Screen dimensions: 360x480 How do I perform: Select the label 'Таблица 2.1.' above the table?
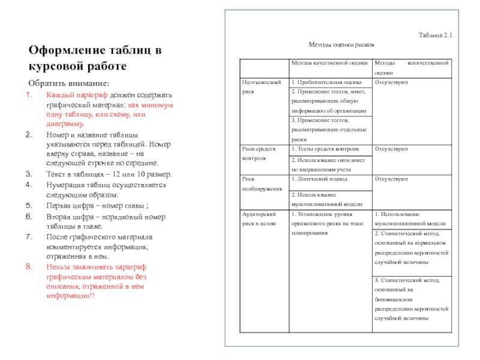point(436,36)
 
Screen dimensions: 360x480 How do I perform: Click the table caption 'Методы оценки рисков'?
point(341,44)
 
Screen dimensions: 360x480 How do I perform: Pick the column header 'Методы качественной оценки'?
point(329,63)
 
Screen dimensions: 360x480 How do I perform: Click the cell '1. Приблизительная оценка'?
point(326,82)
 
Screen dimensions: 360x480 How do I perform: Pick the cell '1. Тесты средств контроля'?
point(325,149)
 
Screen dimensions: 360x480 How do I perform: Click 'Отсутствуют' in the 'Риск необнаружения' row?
point(391,179)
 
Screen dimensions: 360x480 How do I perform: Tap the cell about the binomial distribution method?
point(411,299)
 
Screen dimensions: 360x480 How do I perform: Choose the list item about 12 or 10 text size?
point(109,175)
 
